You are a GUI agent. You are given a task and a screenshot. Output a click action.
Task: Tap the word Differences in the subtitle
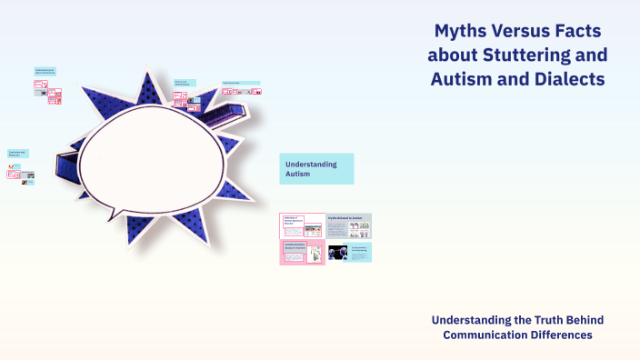point(565,335)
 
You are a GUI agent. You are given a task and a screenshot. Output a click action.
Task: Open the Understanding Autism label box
point(316,169)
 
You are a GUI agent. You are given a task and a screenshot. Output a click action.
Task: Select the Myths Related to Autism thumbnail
point(349,225)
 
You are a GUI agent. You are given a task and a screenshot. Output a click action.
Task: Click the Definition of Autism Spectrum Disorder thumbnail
point(302,225)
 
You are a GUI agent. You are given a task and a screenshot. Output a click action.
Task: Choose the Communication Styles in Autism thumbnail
point(302,253)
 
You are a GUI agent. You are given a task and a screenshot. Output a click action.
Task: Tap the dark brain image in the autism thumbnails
point(338,253)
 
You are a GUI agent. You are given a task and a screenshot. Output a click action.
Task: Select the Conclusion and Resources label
point(18,154)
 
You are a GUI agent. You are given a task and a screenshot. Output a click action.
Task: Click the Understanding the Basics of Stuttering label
point(45,72)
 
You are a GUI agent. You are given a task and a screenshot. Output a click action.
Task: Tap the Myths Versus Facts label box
point(184,83)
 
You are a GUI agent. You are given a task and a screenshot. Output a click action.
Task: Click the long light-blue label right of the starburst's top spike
point(241,83)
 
